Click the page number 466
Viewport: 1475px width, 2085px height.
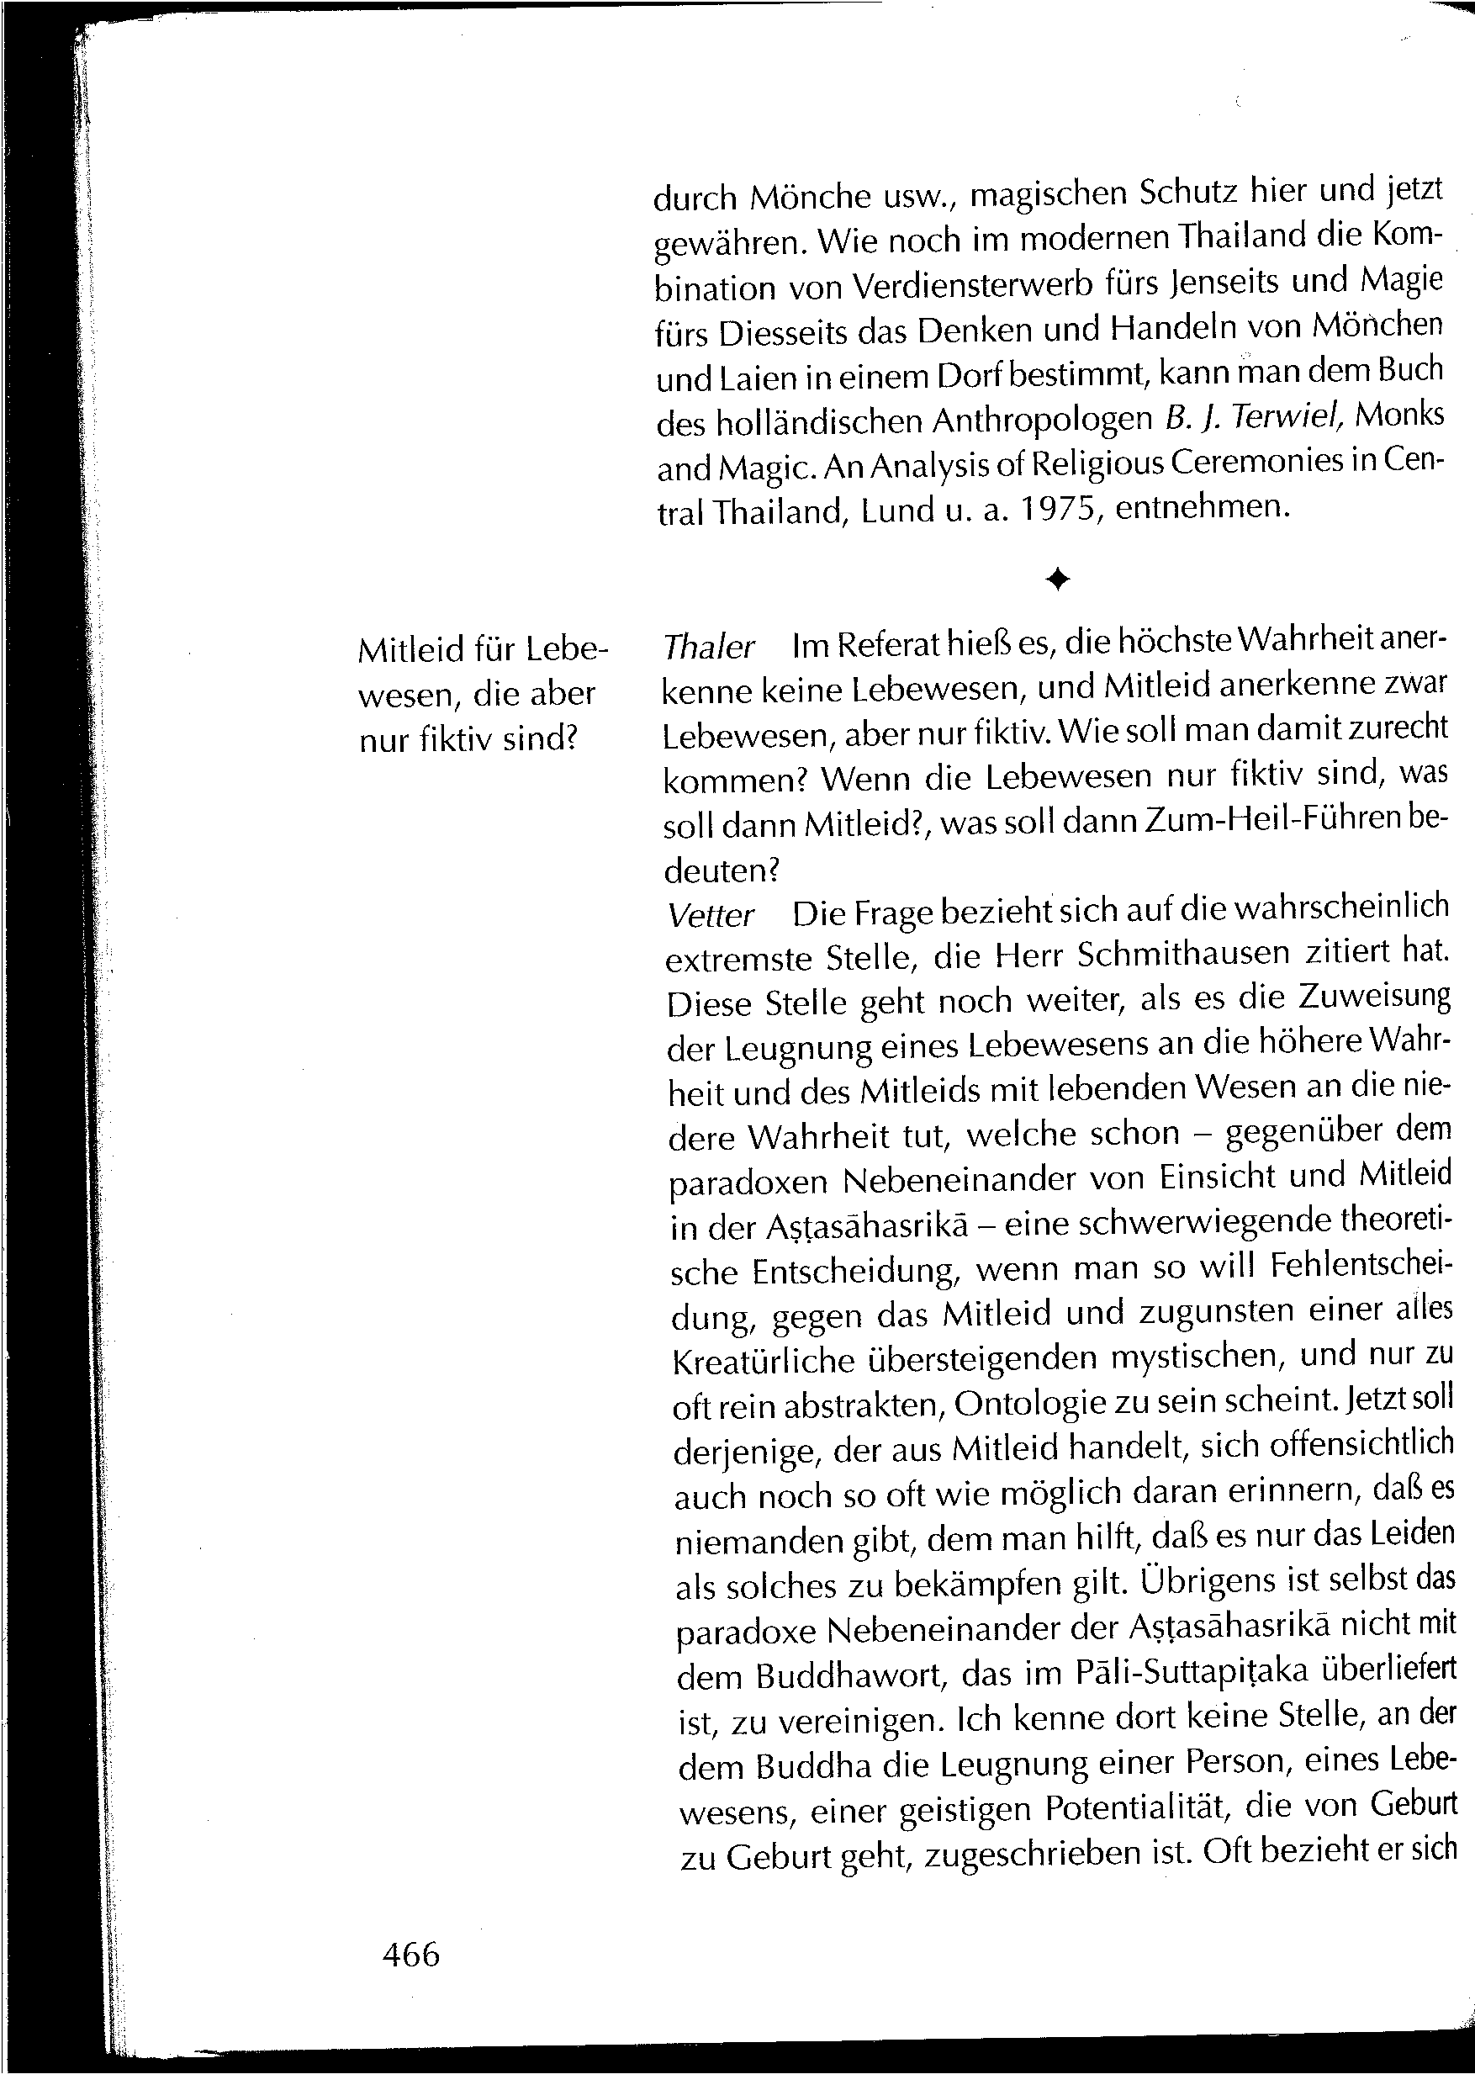[410, 1954]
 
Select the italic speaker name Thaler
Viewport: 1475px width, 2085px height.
[708, 646]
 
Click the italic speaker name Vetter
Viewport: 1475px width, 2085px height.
[711, 915]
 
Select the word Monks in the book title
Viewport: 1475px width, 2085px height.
[1398, 415]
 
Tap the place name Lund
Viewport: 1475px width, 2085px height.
[898, 511]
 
